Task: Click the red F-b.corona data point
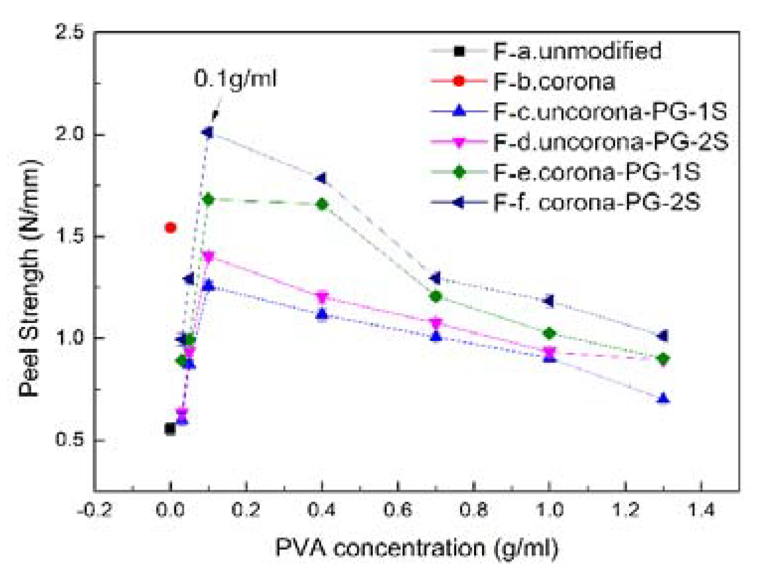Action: coord(170,228)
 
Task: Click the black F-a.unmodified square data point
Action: coord(170,429)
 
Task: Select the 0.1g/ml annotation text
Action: coord(235,78)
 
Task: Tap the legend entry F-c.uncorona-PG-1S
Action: coord(610,112)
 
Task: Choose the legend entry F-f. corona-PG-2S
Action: coord(596,202)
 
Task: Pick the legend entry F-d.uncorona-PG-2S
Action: coord(610,142)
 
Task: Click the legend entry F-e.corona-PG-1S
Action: coord(596,172)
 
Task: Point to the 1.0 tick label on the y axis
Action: coord(70,338)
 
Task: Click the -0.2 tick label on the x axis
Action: coord(94,510)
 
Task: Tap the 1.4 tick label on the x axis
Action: coord(700,510)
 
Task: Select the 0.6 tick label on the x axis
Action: coord(398,510)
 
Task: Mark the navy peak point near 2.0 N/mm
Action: coord(207,132)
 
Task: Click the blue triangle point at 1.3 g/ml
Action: coord(663,399)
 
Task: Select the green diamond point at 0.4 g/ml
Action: coord(322,204)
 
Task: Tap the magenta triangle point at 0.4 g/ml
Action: coord(322,297)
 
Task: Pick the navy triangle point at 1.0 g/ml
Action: coord(549,301)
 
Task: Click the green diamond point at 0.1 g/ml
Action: coord(208,199)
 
